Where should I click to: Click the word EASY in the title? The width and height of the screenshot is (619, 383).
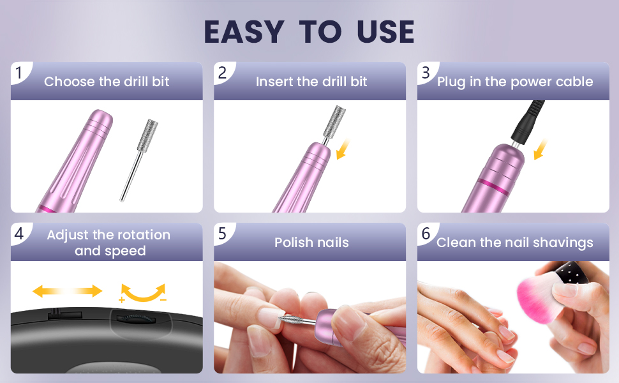(x=244, y=32)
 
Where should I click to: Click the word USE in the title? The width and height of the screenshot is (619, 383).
(x=385, y=32)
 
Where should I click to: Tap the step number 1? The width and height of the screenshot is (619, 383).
(x=19, y=73)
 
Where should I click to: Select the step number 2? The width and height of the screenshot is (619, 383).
(x=222, y=73)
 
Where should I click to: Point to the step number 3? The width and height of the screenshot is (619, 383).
(x=426, y=73)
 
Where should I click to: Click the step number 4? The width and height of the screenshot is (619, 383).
(x=19, y=234)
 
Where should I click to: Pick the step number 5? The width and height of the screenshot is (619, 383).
(x=222, y=234)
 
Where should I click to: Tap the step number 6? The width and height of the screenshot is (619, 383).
(x=426, y=234)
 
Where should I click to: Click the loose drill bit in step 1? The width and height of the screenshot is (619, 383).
(x=139, y=160)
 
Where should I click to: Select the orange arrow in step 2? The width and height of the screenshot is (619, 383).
(x=343, y=149)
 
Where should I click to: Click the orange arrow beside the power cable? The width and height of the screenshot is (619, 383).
(x=541, y=149)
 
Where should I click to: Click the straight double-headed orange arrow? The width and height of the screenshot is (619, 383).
(x=67, y=291)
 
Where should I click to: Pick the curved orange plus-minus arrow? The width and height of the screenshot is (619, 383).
(x=143, y=294)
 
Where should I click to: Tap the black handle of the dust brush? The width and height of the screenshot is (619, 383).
(x=572, y=272)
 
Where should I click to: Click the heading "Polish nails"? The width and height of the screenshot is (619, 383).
(x=311, y=242)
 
